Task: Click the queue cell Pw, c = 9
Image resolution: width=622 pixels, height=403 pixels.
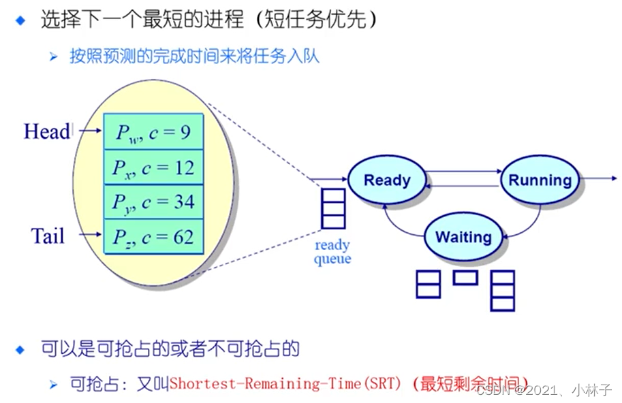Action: (x=153, y=132)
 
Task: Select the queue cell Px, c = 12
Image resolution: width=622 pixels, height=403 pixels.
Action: (x=153, y=167)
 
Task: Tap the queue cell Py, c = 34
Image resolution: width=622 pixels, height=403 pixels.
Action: (x=153, y=202)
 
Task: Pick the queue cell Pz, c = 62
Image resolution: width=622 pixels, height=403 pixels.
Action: (x=153, y=237)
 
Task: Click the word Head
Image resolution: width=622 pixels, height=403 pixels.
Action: (x=47, y=131)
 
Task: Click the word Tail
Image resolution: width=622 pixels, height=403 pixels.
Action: (x=48, y=236)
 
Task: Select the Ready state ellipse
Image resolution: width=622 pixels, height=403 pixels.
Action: (x=387, y=180)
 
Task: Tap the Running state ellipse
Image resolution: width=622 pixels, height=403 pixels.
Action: (x=540, y=180)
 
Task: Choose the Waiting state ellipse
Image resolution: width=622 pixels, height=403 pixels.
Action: (x=463, y=237)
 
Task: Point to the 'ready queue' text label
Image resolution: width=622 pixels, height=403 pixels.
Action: (x=332, y=252)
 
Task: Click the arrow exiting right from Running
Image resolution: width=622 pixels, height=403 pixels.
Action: (x=598, y=179)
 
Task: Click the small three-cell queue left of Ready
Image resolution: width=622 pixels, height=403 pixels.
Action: (x=333, y=208)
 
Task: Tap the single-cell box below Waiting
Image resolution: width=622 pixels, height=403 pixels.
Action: (x=465, y=277)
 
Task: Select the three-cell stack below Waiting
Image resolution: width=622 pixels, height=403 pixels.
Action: (x=503, y=291)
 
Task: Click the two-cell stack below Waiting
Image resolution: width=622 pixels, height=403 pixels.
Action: (x=429, y=284)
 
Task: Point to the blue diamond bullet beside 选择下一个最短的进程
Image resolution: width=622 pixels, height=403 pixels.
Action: (x=20, y=20)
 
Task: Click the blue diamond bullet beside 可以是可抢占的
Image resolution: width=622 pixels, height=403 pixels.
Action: (x=20, y=350)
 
